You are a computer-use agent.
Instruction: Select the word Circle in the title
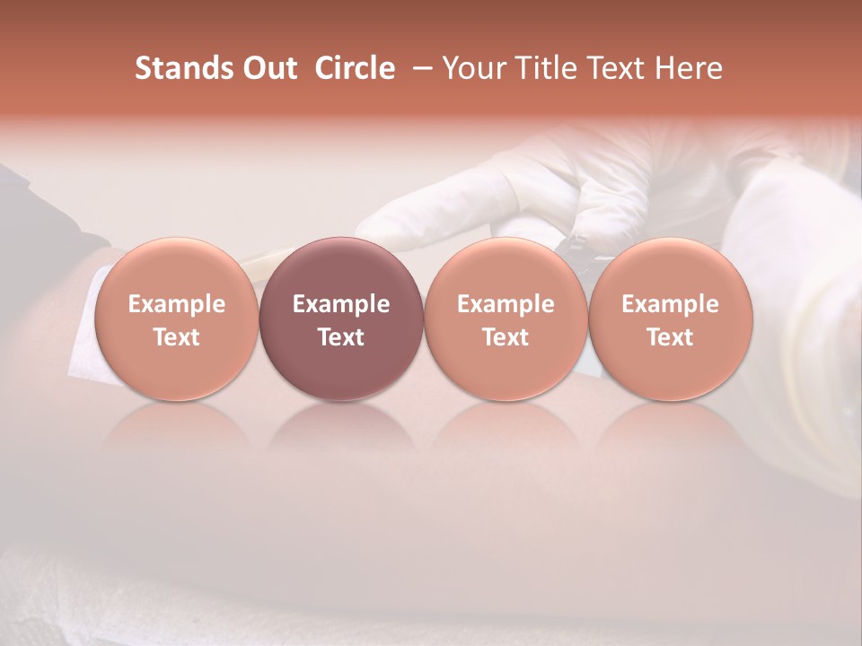point(355,68)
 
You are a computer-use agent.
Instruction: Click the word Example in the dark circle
point(341,304)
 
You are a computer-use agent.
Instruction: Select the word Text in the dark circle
point(341,337)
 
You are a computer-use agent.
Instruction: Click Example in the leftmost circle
point(176,304)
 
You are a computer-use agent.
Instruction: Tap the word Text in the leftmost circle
point(176,337)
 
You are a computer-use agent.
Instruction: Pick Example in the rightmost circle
point(670,304)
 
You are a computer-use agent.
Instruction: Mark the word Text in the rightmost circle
point(670,337)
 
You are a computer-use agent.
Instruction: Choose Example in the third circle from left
point(506,304)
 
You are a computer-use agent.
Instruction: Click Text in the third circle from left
point(506,337)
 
